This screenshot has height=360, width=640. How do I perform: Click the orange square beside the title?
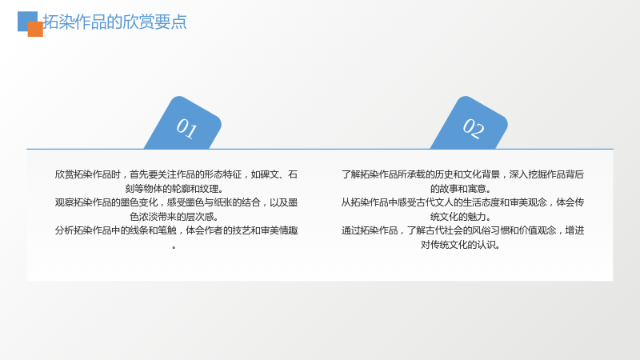pos(35,30)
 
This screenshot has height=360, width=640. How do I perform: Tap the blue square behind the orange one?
pos(26,18)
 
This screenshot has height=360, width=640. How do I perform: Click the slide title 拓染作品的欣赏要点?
pos(114,22)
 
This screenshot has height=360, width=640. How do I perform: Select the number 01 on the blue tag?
pos(186,128)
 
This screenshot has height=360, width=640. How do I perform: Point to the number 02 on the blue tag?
pos(474,128)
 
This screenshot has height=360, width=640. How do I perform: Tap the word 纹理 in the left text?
pos(209,189)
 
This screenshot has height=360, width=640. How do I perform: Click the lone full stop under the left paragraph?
pos(174,247)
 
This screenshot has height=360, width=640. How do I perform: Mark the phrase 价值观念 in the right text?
pos(538,230)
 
